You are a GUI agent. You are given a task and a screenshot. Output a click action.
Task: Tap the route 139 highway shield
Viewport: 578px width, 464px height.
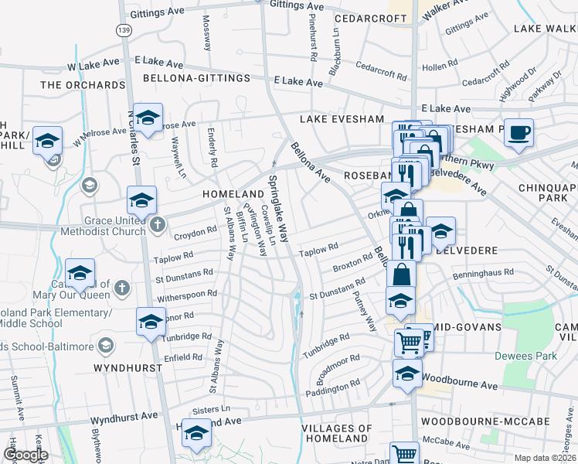[x=124, y=29]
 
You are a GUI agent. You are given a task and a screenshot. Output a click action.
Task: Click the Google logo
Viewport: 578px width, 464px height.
[x=25, y=455]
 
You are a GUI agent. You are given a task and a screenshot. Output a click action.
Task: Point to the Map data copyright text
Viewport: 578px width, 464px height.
[x=534, y=458]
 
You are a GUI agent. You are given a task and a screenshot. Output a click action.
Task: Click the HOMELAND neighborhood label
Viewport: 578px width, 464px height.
[x=233, y=193]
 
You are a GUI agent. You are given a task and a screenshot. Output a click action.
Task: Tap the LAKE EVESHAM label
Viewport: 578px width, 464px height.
[x=342, y=119]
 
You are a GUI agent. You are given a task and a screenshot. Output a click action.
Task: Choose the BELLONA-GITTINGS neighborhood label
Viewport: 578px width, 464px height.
[x=196, y=78]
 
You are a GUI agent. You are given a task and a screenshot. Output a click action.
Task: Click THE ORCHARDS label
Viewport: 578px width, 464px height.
[x=83, y=85]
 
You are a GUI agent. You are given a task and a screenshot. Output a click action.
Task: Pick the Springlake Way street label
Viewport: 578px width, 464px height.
[x=278, y=209]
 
